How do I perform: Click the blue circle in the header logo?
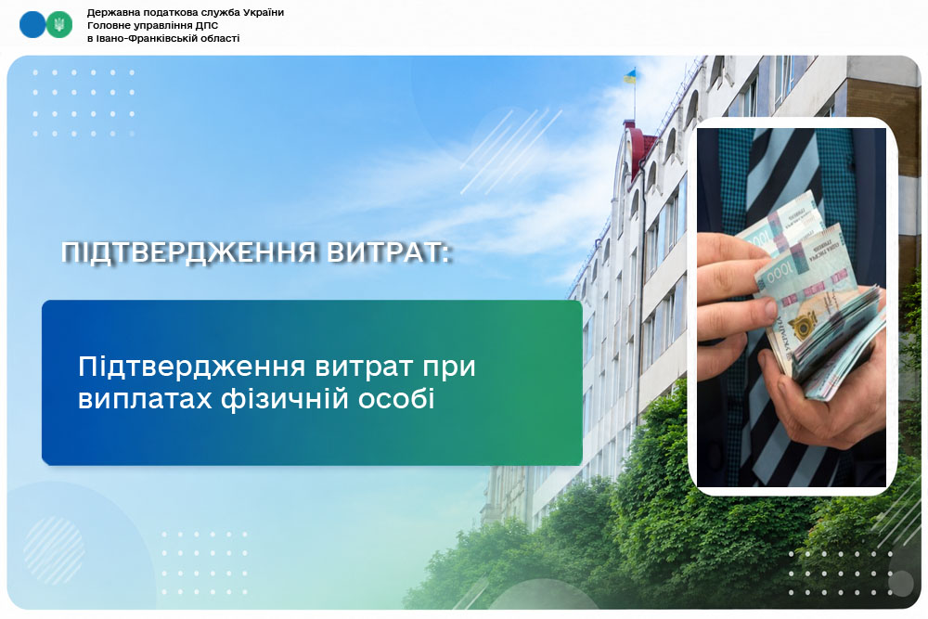pyautogui.click(x=32, y=25)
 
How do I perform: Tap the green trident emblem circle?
pyautogui.click(x=59, y=25)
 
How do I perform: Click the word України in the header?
pyautogui.click(x=260, y=12)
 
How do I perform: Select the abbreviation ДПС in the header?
pyautogui.click(x=207, y=25)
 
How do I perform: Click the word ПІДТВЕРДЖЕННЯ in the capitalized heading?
pyautogui.click(x=188, y=252)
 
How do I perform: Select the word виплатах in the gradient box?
pyautogui.click(x=145, y=399)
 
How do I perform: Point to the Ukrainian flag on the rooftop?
pyautogui.click(x=630, y=76)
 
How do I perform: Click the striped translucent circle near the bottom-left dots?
pyautogui.click(x=54, y=550)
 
